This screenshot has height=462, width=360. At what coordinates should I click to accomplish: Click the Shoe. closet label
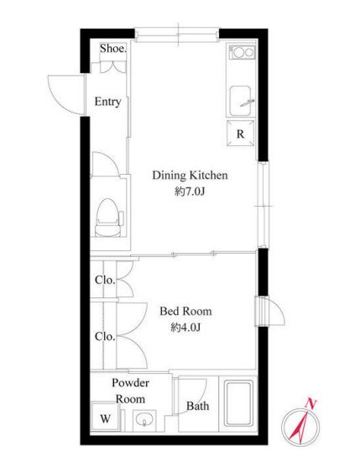coord(113,49)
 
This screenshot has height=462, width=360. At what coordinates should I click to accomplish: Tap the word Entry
coord(107,102)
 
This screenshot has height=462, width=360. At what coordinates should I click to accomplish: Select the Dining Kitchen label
coord(190,176)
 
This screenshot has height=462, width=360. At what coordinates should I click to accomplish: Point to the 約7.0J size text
coord(190,192)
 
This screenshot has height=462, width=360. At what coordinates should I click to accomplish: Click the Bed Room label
coord(185,311)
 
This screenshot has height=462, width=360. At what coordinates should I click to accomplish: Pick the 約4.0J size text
coord(185,327)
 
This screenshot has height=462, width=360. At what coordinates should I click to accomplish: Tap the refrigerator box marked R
coord(241,134)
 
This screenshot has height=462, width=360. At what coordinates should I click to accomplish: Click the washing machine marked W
coord(106,418)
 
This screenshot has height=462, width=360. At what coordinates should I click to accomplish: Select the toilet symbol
coord(108,218)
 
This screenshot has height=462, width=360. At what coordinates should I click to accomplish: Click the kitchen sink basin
coord(240,101)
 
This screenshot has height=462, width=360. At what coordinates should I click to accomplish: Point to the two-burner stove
coord(242,52)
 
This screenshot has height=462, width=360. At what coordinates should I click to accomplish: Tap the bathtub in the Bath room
coord(238,403)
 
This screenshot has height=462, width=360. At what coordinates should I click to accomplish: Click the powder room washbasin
coord(144,421)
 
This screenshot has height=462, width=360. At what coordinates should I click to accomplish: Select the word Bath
coord(198,406)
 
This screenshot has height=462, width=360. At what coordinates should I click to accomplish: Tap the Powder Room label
coord(130,391)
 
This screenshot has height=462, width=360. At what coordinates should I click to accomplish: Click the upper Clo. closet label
coord(105,280)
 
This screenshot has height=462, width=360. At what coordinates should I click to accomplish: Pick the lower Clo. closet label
coord(105,337)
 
